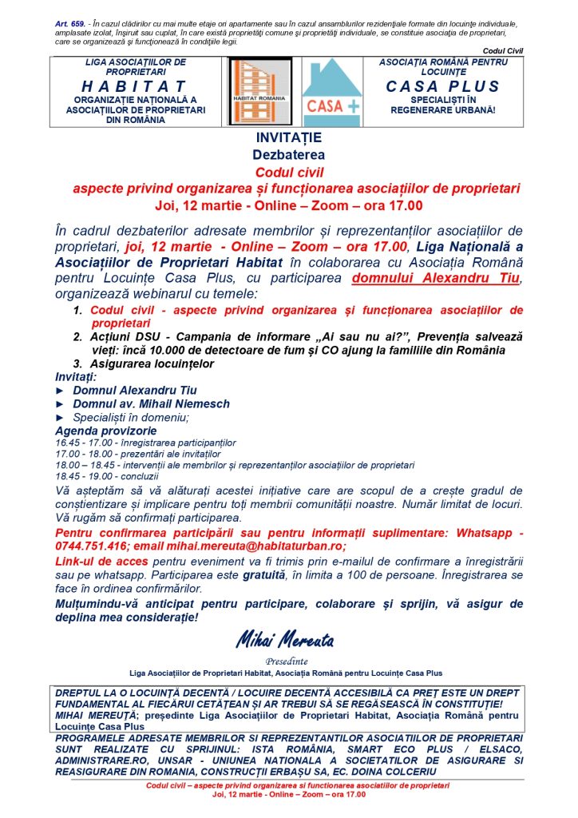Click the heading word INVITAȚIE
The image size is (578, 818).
(289, 138)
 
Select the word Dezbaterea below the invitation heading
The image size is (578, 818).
(289, 155)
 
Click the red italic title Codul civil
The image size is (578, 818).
(289, 172)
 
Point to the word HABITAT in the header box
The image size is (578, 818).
(133, 85)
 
